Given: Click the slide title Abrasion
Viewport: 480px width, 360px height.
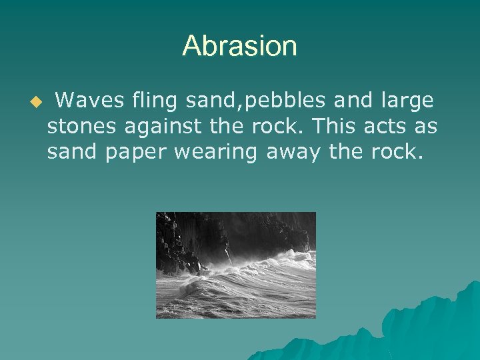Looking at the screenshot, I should coord(239,46).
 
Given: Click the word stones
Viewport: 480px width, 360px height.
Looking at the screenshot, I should coord(82,127).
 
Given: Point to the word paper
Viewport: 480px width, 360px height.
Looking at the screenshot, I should coord(135,153).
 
